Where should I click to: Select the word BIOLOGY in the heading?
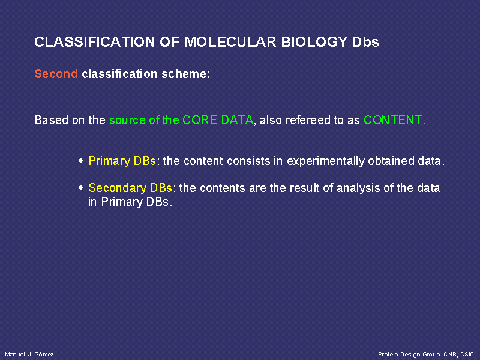314,42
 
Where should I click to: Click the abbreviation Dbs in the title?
365,42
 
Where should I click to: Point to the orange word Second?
56,74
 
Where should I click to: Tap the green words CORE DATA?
218,120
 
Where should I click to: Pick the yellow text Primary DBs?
122,161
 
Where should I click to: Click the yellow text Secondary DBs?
130,188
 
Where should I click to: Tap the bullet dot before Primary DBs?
81,161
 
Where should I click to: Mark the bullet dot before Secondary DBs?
81,188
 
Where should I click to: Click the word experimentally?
326,161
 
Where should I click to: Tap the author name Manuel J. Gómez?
29,355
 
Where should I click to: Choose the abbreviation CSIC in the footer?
467,355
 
